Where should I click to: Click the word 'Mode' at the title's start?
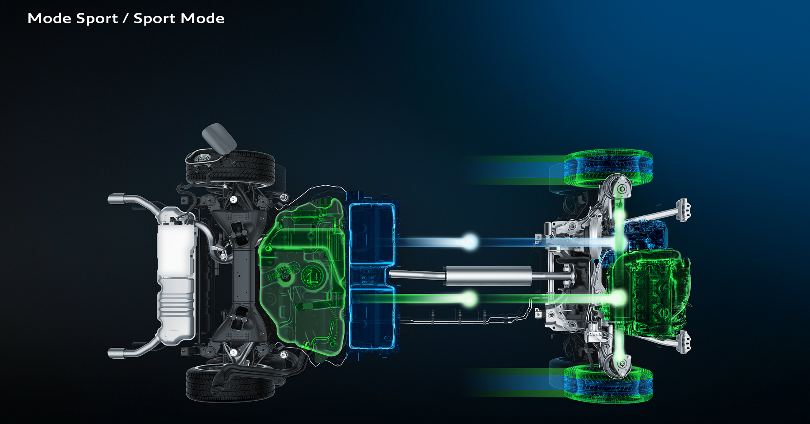coord(50,18)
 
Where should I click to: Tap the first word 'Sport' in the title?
coord(97,19)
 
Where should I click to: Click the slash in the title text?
coord(126,18)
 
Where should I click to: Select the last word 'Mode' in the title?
coord(202,18)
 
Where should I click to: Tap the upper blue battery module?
coord(372,234)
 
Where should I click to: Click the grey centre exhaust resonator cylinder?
coord(487,276)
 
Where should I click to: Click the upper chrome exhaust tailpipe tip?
coord(116,199)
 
